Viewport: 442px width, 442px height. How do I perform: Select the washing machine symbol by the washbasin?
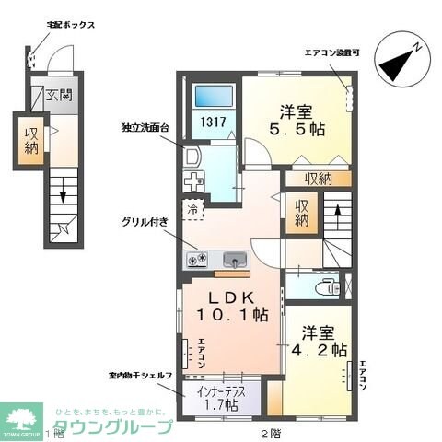[x=196, y=180]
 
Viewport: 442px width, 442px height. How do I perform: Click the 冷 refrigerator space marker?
[x=193, y=208]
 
